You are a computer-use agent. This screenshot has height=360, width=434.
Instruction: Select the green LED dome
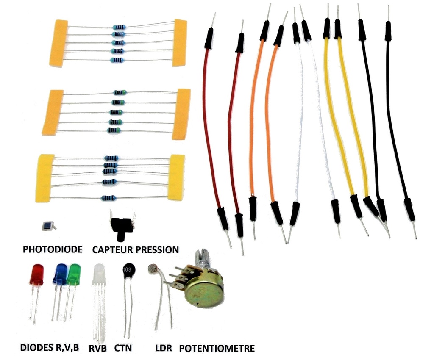pyautogui.click(x=74, y=274)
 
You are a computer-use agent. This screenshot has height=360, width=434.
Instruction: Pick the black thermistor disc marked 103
pyautogui.click(x=127, y=271)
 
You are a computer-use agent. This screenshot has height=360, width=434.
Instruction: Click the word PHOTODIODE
pyautogui.click(x=52, y=249)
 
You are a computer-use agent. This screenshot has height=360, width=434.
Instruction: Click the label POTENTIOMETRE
pyautogui.click(x=217, y=349)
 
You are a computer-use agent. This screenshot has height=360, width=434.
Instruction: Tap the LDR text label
pyautogui.click(x=164, y=349)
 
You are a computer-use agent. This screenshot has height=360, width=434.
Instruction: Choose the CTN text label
pyautogui.click(x=123, y=349)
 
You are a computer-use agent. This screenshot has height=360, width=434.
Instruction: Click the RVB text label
pyautogui.click(x=98, y=349)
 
